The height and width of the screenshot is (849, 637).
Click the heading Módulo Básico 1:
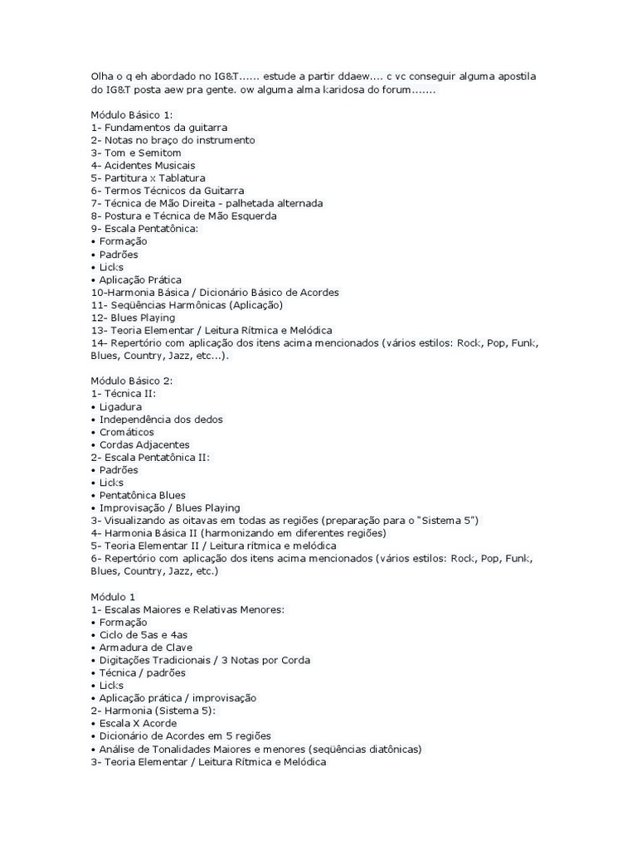pos(132,114)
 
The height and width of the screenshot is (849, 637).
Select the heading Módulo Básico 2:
pos(132,381)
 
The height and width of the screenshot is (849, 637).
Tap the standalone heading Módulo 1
pos(113,596)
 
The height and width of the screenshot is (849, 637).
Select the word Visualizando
pos(138,520)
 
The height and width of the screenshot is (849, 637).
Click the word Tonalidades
pos(174,749)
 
